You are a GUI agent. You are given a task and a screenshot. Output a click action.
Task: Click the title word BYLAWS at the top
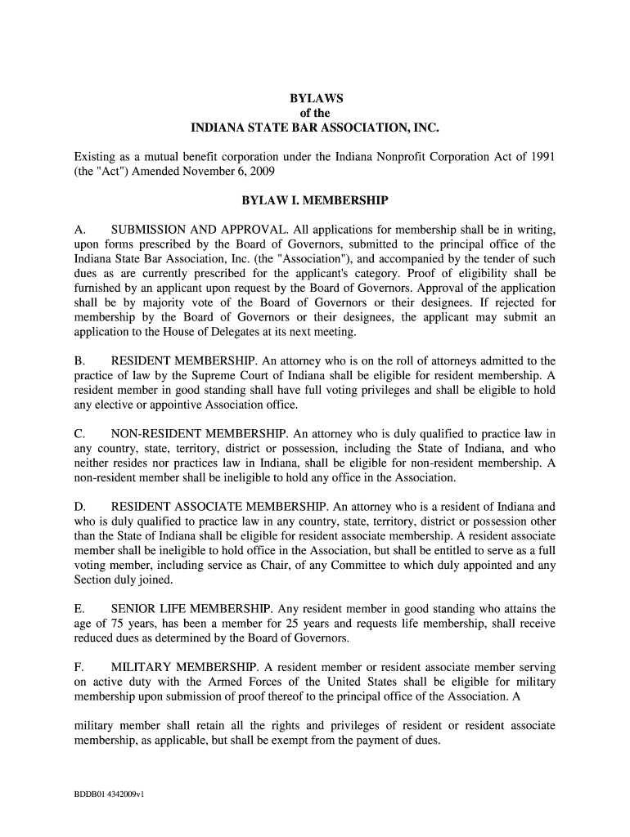pos(315,98)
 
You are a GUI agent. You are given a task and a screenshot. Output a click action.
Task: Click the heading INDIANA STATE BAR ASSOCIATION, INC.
pos(315,128)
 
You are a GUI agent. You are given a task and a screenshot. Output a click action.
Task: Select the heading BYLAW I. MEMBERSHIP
pos(315,200)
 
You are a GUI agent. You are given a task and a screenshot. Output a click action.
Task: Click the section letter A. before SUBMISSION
pos(79,229)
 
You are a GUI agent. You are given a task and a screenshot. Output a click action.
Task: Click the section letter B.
pos(79,360)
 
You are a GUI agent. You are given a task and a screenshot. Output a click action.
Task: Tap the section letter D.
pos(80,507)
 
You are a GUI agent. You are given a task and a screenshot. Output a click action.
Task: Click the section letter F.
pos(79,667)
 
